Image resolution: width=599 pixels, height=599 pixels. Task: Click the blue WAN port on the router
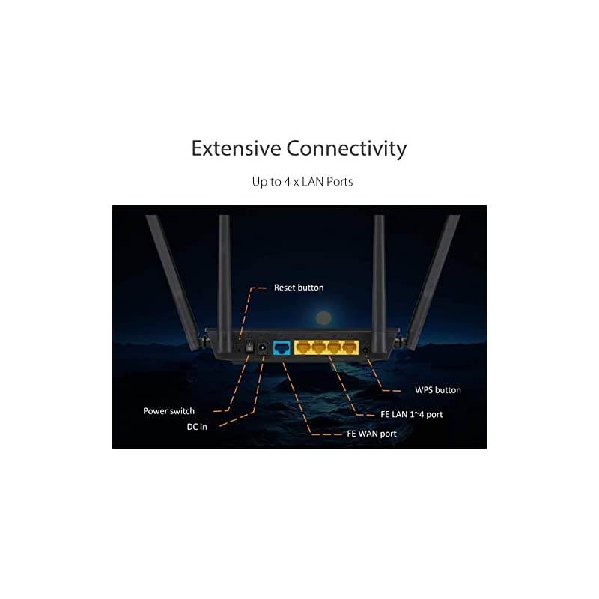tap(282, 347)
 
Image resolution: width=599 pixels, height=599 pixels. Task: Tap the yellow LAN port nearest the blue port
tap(304, 347)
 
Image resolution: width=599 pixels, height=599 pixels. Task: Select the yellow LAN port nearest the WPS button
tap(348, 347)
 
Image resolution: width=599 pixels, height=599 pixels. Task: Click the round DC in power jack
tap(263, 348)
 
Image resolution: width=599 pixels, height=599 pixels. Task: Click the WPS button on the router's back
tap(365, 349)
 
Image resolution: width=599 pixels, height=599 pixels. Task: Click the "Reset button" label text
tap(299, 287)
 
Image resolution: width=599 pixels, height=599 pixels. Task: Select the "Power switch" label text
tap(168, 411)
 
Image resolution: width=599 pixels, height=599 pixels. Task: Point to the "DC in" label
tap(198, 427)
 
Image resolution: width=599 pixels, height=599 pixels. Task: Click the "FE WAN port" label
tap(371, 434)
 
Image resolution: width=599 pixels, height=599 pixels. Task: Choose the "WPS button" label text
tap(438, 390)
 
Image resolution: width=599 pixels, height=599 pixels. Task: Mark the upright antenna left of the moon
tap(224, 277)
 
